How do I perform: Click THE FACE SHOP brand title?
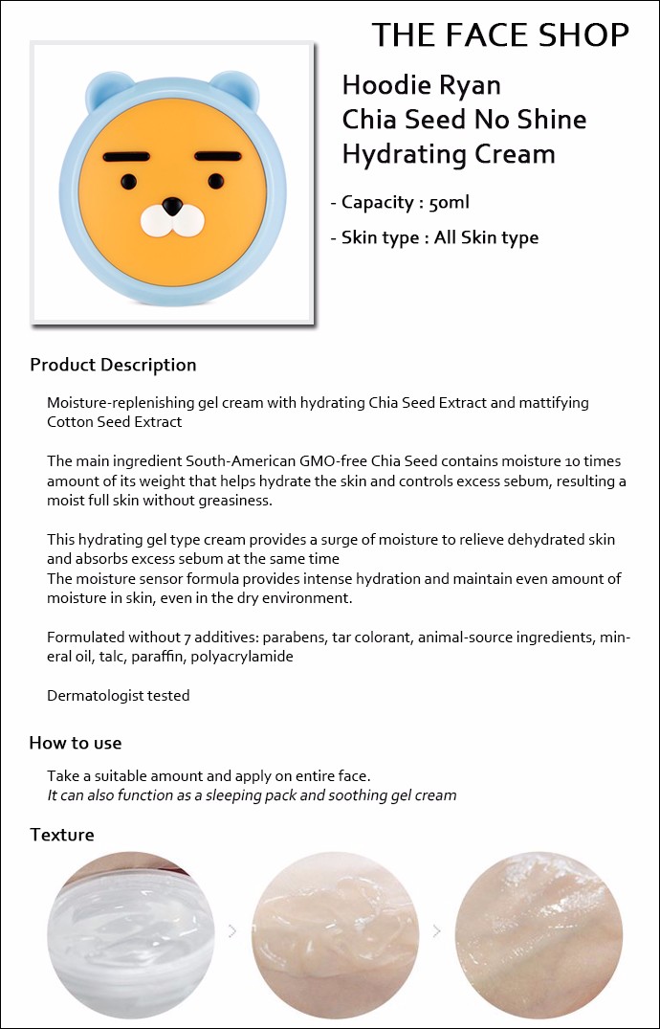tap(500, 34)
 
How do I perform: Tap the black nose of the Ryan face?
tap(172, 206)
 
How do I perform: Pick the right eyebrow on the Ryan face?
tap(221, 154)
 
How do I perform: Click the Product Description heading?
tap(113, 365)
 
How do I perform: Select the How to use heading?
tap(76, 743)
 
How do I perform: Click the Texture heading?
tap(62, 835)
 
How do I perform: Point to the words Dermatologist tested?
tap(119, 696)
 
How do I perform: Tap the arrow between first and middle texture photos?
tap(232, 930)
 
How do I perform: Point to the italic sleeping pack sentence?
tap(252, 795)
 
